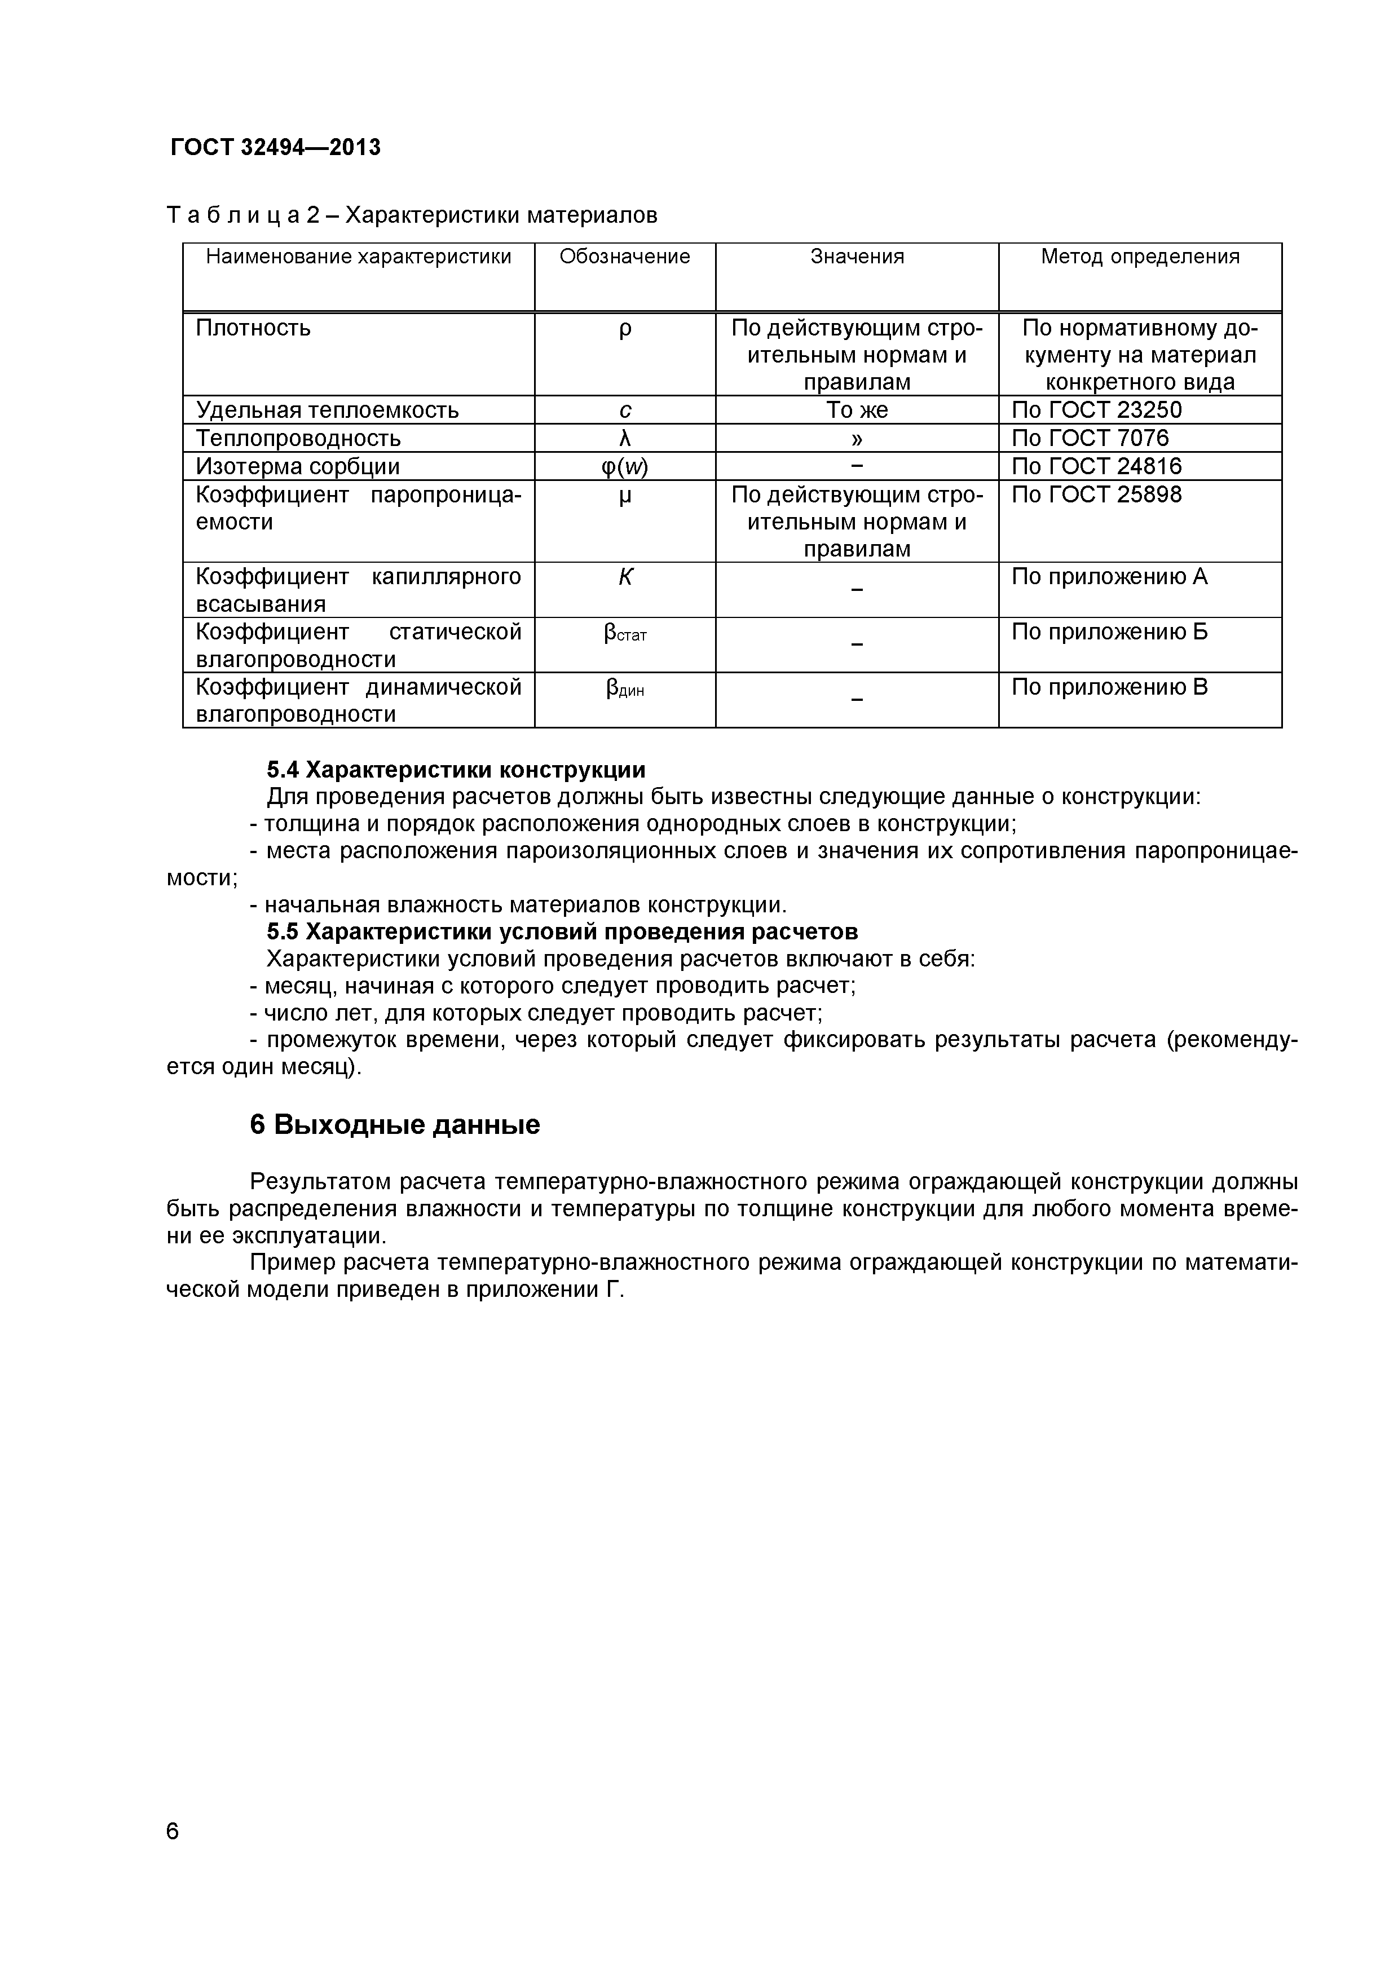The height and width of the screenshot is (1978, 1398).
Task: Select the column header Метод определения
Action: (1140, 257)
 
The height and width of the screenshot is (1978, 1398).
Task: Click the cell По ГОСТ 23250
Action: (1096, 410)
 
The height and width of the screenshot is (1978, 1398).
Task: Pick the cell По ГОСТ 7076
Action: (1090, 439)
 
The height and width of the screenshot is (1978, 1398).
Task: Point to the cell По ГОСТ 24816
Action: (1096, 467)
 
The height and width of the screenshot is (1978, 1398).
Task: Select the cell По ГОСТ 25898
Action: (1096, 494)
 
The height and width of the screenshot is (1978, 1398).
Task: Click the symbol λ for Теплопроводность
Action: (625, 439)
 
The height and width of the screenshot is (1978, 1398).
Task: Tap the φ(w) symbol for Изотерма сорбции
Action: (625, 467)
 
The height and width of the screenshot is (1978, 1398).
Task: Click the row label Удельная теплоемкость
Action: (327, 410)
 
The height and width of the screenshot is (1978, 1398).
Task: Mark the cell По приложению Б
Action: (1109, 632)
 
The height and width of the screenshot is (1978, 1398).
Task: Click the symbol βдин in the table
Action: (625, 688)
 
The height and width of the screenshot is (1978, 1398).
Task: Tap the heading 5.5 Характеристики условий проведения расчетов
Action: (562, 932)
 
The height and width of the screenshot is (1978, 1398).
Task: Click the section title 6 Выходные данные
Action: (395, 1125)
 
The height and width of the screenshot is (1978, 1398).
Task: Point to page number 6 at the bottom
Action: (172, 1856)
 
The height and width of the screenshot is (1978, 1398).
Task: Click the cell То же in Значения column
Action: (857, 410)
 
